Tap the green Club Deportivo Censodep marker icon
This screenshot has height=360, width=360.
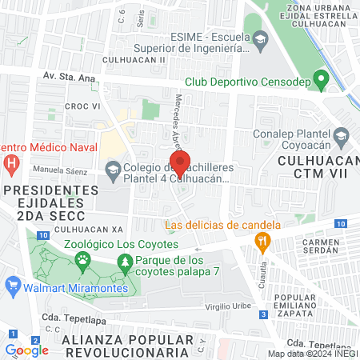tap(321, 80)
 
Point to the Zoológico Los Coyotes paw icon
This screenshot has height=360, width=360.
tap(82, 259)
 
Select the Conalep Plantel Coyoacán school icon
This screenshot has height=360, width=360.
tap(341, 135)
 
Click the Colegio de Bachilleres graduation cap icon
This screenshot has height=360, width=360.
tap(113, 170)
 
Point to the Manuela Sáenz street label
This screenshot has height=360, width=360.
tap(62, 170)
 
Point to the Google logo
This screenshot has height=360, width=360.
tap(26, 350)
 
